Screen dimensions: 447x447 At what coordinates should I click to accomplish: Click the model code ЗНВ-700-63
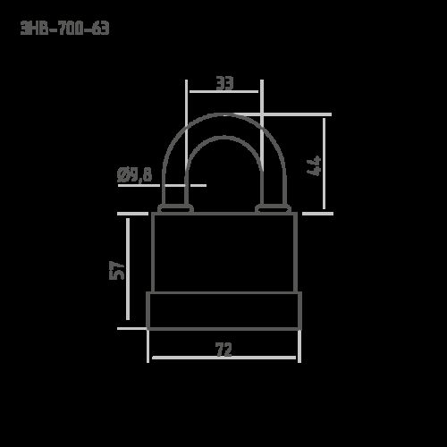[64, 28]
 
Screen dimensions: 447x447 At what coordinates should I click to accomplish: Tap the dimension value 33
[224, 83]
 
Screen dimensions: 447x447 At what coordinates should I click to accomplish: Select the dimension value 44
[314, 165]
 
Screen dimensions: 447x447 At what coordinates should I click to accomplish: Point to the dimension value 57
[117, 270]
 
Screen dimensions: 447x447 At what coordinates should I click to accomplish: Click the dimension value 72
[223, 350]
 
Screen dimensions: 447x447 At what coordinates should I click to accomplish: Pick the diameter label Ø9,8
[135, 174]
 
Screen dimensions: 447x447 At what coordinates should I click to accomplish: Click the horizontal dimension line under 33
[223, 91]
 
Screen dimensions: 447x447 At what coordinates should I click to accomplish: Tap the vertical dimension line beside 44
[325, 164]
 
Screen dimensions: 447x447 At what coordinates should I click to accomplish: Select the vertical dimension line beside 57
[128, 269]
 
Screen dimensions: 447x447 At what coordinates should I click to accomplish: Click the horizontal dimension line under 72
[224, 358]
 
